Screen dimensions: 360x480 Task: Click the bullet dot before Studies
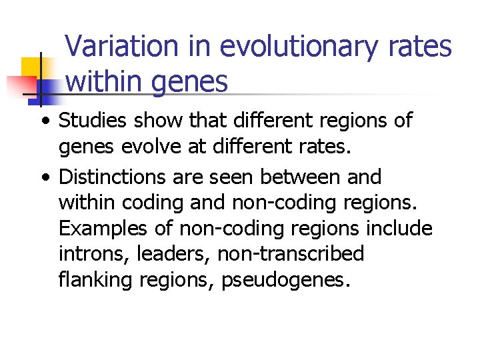[x=45, y=122]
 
